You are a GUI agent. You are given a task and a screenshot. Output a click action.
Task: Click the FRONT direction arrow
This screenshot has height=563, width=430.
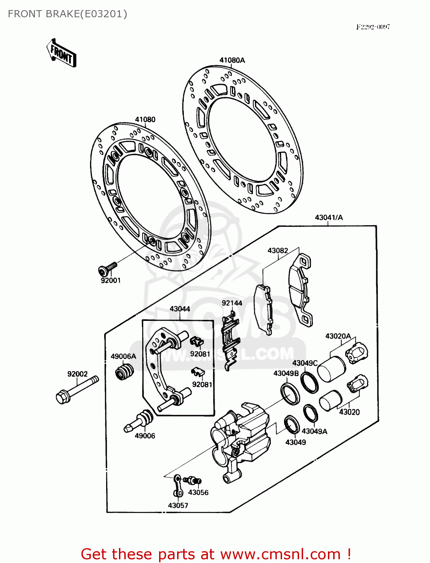(62, 53)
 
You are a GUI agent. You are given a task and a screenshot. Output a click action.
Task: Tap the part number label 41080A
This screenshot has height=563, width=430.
(232, 60)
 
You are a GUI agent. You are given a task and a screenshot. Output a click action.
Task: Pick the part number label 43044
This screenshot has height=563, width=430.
(180, 309)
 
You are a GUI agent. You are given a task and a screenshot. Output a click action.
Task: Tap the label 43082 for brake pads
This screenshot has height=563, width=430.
(278, 250)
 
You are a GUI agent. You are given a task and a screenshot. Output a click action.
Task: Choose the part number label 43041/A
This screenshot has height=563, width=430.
(329, 217)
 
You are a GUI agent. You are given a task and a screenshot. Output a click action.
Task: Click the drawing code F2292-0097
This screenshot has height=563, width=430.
(373, 27)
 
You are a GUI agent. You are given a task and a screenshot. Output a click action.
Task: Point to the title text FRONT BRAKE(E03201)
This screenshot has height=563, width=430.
(68, 14)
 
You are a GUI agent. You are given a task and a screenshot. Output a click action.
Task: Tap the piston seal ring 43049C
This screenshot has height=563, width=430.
(309, 383)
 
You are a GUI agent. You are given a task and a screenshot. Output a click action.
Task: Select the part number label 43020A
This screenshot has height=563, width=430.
(338, 336)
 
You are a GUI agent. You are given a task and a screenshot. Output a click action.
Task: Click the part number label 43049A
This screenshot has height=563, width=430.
(314, 431)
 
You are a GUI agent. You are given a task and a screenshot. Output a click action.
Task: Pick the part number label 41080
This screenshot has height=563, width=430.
(145, 119)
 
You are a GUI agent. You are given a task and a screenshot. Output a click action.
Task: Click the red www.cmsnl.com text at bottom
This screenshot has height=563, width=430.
(280, 554)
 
